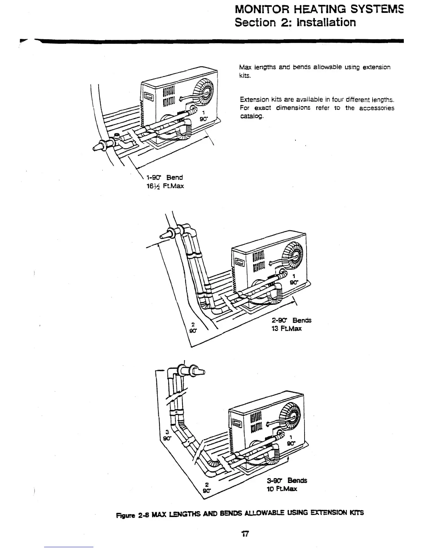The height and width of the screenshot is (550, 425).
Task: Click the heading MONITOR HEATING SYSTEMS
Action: [319, 8]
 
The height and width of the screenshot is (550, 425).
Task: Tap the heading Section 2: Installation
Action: [295, 23]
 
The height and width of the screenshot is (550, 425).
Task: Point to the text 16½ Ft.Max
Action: [165, 186]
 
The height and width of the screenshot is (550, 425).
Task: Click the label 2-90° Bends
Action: [291, 320]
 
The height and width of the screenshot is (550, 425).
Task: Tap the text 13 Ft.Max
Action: [286, 328]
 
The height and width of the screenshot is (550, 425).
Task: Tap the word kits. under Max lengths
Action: [245, 76]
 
